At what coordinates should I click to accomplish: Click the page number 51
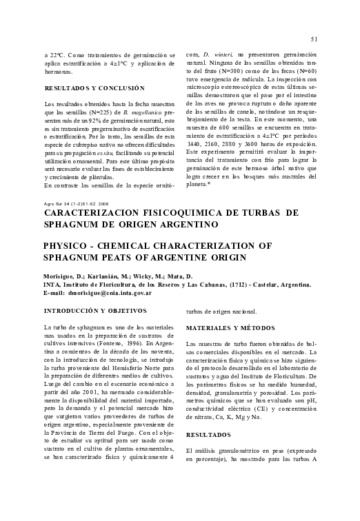(x=314, y=39)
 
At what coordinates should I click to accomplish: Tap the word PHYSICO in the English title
(x=68, y=245)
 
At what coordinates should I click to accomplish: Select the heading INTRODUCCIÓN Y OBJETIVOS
(x=92, y=311)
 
